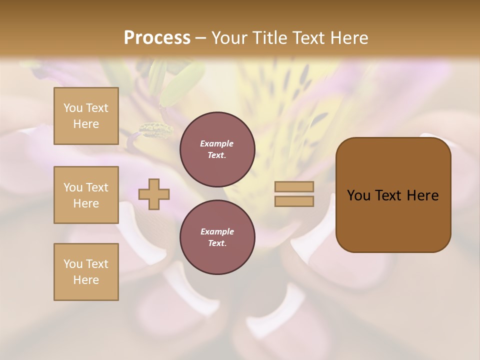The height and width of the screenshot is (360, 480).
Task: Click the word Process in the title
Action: click(157, 38)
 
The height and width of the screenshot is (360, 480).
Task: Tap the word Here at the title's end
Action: click(347, 38)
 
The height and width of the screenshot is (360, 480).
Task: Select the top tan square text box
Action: click(86, 116)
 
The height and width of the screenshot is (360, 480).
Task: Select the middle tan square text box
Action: click(86, 195)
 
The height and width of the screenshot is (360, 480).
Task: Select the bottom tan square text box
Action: click(86, 272)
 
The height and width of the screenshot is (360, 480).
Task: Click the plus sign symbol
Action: click(154, 194)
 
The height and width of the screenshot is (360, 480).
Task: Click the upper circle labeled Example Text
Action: click(217, 149)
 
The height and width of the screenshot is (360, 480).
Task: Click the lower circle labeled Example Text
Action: click(217, 237)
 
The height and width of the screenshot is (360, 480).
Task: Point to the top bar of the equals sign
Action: click(294, 187)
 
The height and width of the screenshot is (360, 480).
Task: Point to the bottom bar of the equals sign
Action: click(294, 201)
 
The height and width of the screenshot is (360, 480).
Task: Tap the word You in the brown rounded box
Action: click(358, 195)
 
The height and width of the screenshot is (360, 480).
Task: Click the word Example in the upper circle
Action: click(217, 143)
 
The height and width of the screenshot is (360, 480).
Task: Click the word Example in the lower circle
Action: click(217, 231)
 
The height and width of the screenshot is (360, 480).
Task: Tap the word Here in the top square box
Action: click(86, 124)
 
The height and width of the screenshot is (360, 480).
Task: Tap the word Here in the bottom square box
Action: click(86, 280)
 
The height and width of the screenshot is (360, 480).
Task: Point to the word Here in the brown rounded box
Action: click(422, 195)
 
